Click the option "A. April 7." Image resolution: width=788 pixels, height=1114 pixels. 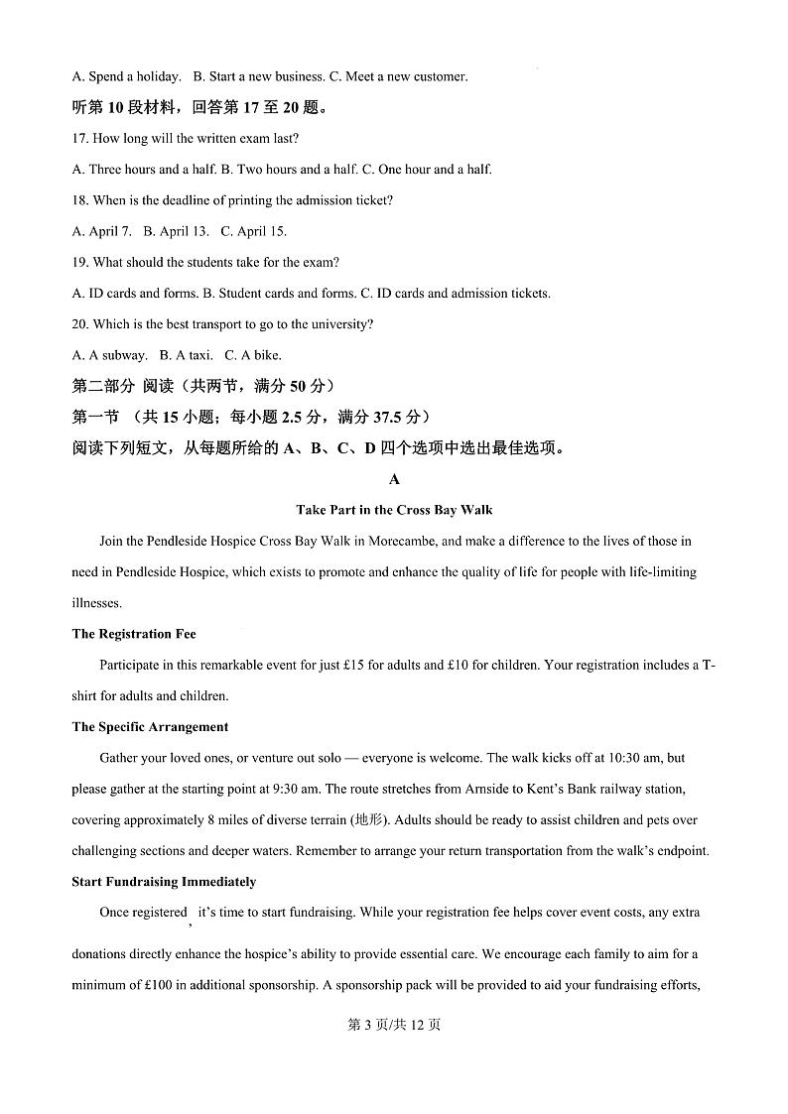click(102, 231)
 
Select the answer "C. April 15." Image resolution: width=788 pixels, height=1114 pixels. click(253, 231)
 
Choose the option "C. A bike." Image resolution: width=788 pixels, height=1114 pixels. click(253, 355)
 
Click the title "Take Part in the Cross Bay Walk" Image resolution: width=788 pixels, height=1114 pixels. click(394, 510)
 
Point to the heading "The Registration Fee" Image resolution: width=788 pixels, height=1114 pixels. click(134, 634)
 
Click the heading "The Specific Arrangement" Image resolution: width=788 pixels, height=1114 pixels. click(150, 727)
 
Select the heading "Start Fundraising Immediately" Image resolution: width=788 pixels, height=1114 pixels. click(164, 882)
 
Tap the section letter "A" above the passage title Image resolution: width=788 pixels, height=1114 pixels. click(394, 479)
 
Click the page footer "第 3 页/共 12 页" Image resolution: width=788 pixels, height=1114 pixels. click(394, 1025)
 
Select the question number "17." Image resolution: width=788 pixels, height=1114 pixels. click(81, 138)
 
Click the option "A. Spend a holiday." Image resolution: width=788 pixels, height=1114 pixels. click(127, 76)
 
